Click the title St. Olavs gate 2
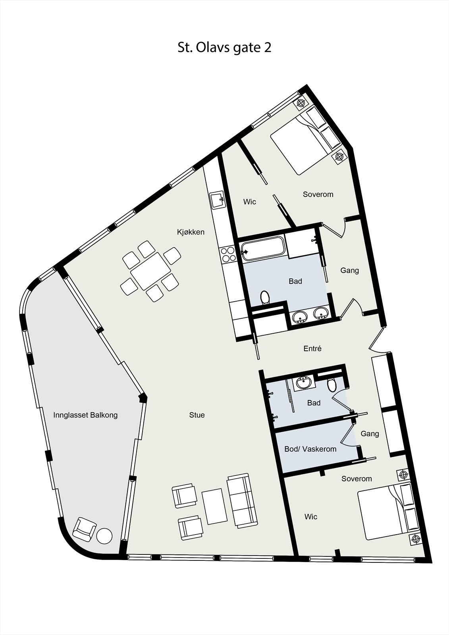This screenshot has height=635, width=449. pyautogui.click(x=224, y=48)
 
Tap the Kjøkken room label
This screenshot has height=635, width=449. pyautogui.click(x=191, y=232)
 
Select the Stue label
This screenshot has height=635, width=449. pyautogui.click(x=197, y=415)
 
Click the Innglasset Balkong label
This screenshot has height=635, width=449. pyautogui.click(x=85, y=415)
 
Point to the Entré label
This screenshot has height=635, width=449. pyautogui.click(x=312, y=348)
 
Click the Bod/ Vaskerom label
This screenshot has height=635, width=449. pyautogui.click(x=310, y=449)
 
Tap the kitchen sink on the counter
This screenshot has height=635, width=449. pyautogui.click(x=218, y=200)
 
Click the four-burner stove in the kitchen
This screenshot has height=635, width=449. pyautogui.click(x=229, y=254)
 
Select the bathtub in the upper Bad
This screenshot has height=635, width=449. pyautogui.click(x=263, y=249)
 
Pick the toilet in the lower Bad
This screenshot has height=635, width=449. pyautogui.click(x=331, y=384)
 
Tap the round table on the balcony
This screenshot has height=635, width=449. pyautogui.click(x=104, y=536)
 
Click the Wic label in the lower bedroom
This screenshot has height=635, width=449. pyautogui.click(x=311, y=517)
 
